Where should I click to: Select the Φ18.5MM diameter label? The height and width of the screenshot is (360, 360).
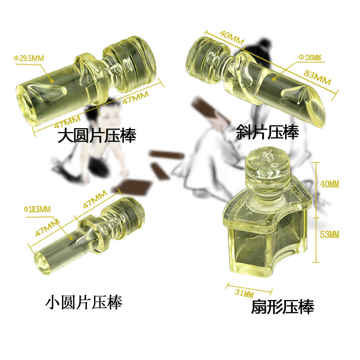click(x=37, y=209)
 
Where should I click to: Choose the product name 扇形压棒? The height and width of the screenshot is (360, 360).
click(x=282, y=307)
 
